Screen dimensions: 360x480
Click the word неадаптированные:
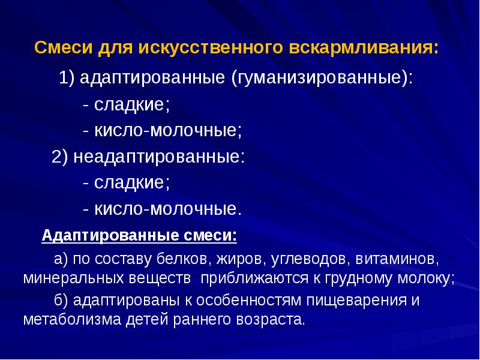tap(159, 157)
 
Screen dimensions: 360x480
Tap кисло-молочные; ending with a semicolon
tap(168, 131)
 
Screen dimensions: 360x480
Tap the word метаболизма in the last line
tap(71, 319)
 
